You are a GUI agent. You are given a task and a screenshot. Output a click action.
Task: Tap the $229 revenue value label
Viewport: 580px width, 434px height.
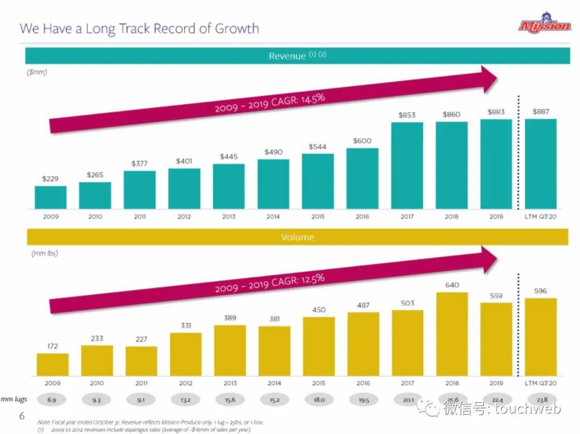click(50, 178)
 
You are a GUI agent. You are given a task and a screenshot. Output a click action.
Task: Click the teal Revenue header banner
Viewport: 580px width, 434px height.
click(297, 56)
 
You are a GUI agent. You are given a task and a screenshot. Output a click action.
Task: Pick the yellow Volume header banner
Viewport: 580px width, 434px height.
click(297, 237)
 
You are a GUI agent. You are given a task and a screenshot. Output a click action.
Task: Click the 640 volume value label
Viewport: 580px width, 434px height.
click(452, 285)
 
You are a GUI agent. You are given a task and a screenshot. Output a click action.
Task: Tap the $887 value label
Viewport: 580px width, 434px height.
click(541, 112)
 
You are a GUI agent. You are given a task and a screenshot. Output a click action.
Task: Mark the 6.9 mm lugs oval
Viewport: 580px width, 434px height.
click(53, 400)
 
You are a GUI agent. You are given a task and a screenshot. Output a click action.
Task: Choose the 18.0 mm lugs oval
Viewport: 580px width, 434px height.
click(319, 400)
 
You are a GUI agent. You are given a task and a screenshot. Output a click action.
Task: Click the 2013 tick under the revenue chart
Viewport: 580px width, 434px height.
click(229, 216)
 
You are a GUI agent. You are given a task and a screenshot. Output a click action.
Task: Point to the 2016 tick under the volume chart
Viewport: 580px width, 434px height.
click(363, 384)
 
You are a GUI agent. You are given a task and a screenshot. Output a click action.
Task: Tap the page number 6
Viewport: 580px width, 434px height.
click(22, 416)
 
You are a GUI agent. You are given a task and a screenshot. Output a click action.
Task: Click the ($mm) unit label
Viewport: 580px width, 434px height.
click(37, 73)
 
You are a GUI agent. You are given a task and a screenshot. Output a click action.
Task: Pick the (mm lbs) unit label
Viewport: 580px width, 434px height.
click(44, 253)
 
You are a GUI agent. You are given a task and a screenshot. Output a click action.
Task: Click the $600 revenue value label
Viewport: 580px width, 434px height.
click(363, 141)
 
